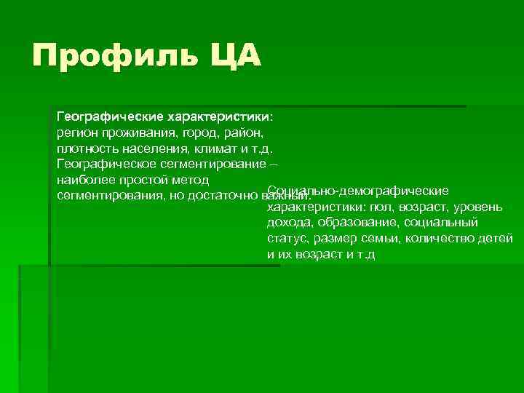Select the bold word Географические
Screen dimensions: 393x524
tap(109, 116)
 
